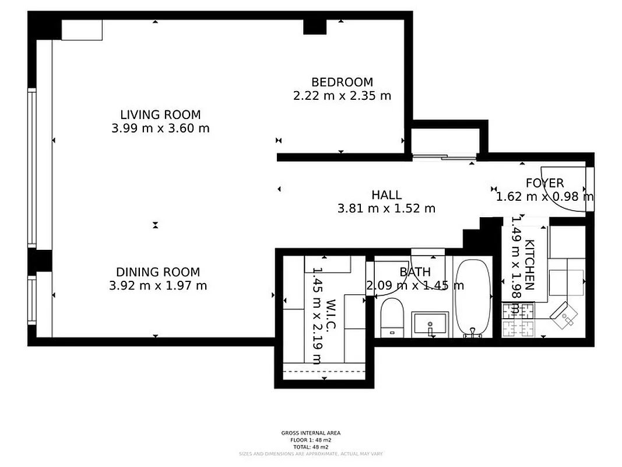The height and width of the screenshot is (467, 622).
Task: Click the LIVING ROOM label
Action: (x=160, y=115)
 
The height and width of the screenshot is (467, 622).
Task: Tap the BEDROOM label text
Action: (x=342, y=82)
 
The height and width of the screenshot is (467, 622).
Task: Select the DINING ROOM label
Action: (x=158, y=272)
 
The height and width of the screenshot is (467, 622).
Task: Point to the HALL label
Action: (x=386, y=195)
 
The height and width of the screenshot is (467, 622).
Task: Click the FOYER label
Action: (x=544, y=183)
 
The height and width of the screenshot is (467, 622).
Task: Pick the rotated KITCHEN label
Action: (x=530, y=264)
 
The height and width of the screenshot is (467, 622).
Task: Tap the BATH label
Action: (x=415, y=272)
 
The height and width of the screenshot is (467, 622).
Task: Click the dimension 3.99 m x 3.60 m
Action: (x=160, y=128)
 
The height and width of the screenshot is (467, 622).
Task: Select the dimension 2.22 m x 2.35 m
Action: (x=342, y=96)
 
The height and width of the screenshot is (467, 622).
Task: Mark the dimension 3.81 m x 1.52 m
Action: (x=386, y=208)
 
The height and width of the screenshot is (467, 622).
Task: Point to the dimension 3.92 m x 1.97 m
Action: (x=158, y=286)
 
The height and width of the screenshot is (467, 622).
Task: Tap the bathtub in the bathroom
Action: (x=473, y=298)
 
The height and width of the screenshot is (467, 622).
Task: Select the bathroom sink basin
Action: (x=430, y=323)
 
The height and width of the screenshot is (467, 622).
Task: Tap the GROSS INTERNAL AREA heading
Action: (x=311, y=433)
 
